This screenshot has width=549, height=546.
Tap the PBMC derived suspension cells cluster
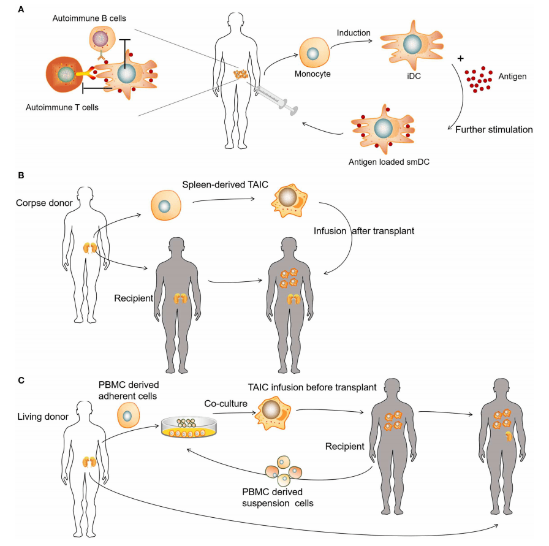(284, 473)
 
